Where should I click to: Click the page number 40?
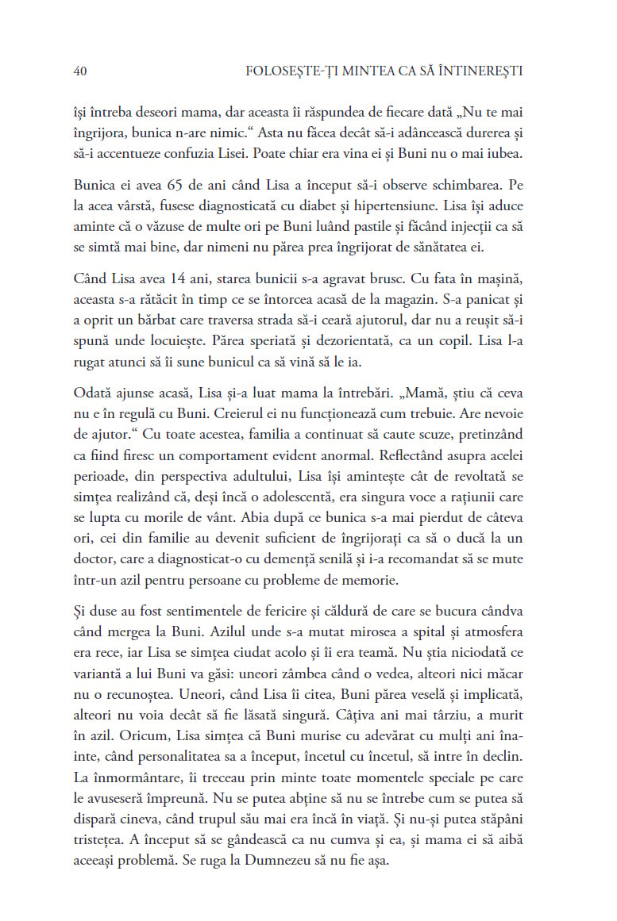[x=79, y=71]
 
